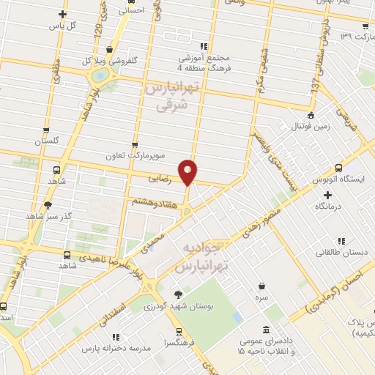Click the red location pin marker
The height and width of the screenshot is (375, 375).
(x=188, y=172)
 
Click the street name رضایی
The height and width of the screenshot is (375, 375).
(x=160, y=178)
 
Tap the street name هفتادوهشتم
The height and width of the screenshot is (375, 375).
(x=154, y=201)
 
